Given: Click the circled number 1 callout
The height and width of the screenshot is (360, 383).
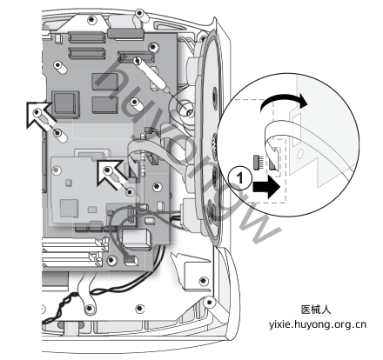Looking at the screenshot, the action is (239, 177).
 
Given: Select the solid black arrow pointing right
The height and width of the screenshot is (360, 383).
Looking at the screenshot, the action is (266, 188).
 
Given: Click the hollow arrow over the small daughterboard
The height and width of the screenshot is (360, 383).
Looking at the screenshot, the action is (110, 173).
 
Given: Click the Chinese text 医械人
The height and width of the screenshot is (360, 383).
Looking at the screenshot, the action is (316, 310).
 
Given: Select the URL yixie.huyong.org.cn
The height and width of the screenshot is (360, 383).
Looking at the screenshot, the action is (317, 324).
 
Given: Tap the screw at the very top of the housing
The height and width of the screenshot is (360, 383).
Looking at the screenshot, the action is (140, 13).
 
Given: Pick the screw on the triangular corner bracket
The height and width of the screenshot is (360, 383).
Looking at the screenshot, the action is (204, 281).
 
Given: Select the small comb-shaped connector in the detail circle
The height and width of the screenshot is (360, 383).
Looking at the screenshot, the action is (258, 162).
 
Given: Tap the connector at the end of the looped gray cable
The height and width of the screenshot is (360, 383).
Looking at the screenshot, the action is (131, 261).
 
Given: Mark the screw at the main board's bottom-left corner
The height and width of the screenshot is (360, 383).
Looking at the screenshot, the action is (111, 261).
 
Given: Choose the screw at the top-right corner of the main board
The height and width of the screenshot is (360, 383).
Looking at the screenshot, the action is (153, 47).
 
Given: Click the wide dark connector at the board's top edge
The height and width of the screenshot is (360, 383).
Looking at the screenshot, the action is (125, 34).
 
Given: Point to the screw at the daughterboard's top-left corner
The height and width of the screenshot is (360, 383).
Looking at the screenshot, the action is (57, 170).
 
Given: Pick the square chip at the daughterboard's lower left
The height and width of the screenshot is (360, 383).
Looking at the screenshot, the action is (69, 209).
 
